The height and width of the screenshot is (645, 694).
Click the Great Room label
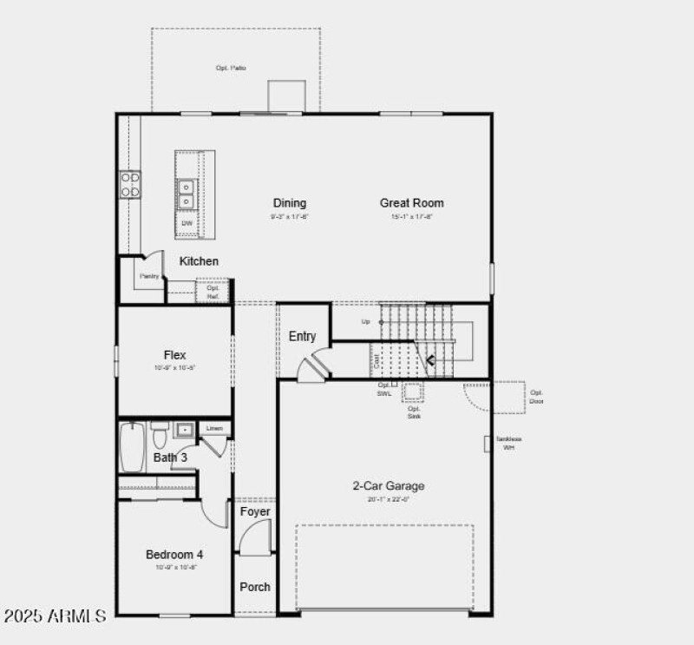(411, 203)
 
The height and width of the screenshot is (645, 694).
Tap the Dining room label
(290, 203)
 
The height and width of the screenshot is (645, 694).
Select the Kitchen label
(199, 261)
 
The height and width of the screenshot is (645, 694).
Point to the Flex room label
(174, 355)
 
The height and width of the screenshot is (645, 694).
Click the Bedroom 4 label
(174, 555)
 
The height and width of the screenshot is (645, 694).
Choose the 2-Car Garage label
(388, 486)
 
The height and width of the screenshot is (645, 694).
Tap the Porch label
(255, 587)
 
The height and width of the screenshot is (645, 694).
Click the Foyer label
(255, 512)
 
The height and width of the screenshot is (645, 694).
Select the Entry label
(302, 337)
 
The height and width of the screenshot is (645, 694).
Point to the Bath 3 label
(170, 457)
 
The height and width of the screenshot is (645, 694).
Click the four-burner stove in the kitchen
(130, 184)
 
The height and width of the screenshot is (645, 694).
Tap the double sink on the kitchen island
(187, 194)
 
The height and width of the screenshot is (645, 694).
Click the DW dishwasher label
(187, 223)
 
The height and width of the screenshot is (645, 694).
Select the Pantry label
(149, 276)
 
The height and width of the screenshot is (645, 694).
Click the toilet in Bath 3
(160, 433)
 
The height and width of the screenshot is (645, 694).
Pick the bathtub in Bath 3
(132, 447)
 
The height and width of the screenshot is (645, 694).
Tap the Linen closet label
(215, 429)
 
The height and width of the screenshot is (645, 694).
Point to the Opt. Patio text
(231, 68)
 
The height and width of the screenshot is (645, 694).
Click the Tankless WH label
(508, 443)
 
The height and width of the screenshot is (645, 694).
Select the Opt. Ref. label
(213, 293)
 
